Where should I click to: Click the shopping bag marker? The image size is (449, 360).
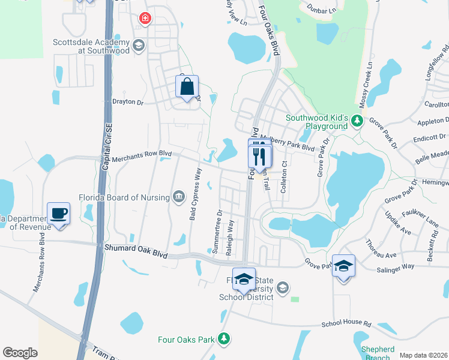pos(187,87)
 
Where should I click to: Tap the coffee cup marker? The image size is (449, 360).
pos(59,214)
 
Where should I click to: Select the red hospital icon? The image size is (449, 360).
pos(144,19)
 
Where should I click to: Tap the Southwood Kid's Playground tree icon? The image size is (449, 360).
pos(357,122)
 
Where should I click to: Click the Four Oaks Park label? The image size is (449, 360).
pos(186,340)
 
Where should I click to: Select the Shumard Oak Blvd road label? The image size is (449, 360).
pos(135,247)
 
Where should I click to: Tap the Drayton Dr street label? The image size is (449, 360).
pos(128,102)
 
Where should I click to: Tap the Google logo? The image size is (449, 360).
pos(20,353)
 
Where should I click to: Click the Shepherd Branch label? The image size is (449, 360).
pos(378,353)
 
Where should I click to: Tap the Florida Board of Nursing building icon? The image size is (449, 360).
pos(179,196)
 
